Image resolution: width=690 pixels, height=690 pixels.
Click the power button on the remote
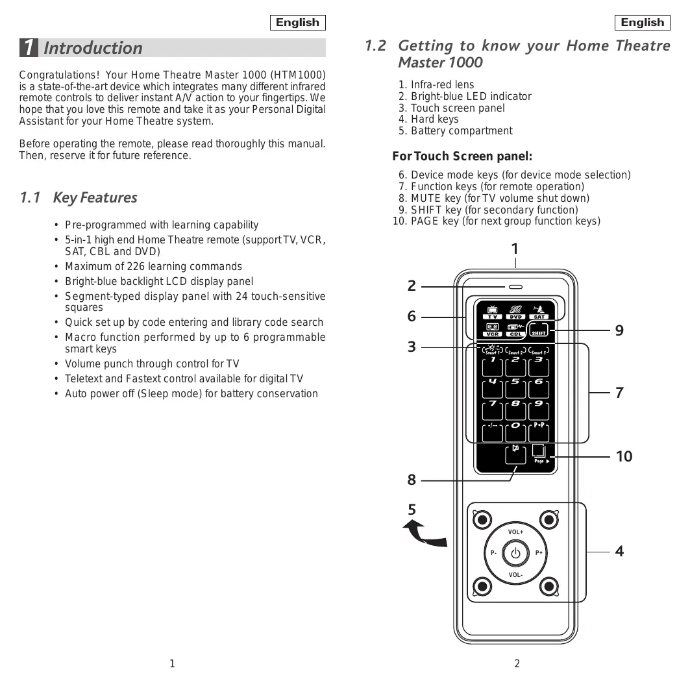coord(516,554)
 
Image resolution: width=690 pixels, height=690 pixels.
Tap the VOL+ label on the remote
coord(516,532)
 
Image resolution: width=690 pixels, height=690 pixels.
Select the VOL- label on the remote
coord(516,575)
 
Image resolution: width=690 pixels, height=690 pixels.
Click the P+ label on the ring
coord(539,554)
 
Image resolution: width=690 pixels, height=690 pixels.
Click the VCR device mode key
coord(493,330)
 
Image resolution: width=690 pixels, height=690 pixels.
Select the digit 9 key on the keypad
coord(539,410)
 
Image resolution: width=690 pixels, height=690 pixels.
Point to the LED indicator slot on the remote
coord(516,286)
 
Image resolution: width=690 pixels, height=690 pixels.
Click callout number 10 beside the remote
coord(624,456)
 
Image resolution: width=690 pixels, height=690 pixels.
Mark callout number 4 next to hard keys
coord(619,551)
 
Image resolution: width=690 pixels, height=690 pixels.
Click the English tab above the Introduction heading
coord(297,23)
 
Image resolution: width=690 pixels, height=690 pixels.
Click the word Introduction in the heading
coord(93,48)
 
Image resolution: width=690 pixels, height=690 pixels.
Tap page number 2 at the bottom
coord(517,663)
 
